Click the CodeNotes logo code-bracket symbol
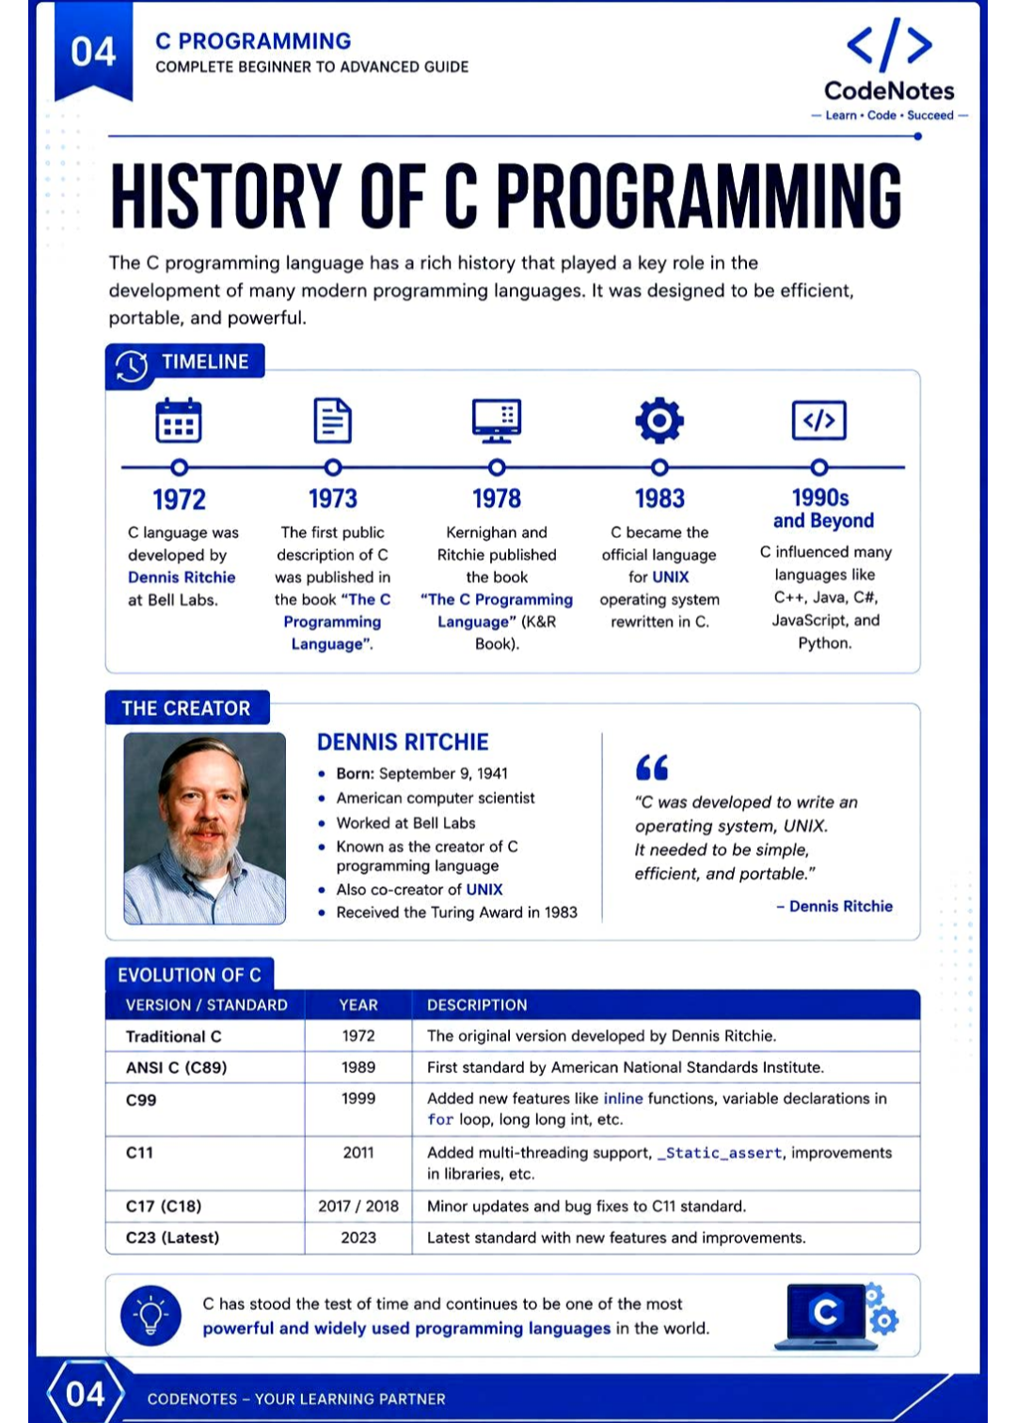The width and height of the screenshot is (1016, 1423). click(889, 44)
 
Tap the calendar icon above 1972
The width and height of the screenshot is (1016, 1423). click(179, 419)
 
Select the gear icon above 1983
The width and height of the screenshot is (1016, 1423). click(659, 419)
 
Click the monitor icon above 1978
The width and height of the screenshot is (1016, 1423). click(497, 420)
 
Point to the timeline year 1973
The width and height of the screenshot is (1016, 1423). click(333, 498)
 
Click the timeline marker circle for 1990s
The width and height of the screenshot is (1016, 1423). click(819, 467)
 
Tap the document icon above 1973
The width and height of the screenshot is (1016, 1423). click(332, 419)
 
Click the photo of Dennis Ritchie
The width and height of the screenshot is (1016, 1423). click(204, 828)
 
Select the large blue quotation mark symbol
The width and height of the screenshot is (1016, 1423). click(652, 767)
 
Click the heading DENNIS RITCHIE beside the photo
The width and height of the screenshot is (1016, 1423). click(403, 742)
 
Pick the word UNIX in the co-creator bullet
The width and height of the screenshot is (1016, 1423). click(484, 890)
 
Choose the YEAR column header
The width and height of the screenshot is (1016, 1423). click(358, 1005)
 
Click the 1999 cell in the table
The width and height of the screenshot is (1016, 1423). click(358, 1099)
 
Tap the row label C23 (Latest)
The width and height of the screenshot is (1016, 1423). click(172, 1238)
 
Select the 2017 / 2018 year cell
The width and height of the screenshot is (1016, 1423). click(358, 1206)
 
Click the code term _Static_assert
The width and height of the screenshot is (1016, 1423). click(720, 1153)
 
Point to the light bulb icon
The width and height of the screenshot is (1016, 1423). click(151, 1315)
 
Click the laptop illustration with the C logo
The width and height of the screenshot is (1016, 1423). click(835, 1316)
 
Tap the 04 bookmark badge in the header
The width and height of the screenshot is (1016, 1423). click(93, 51)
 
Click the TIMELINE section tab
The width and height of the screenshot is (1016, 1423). click(185, 364)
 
